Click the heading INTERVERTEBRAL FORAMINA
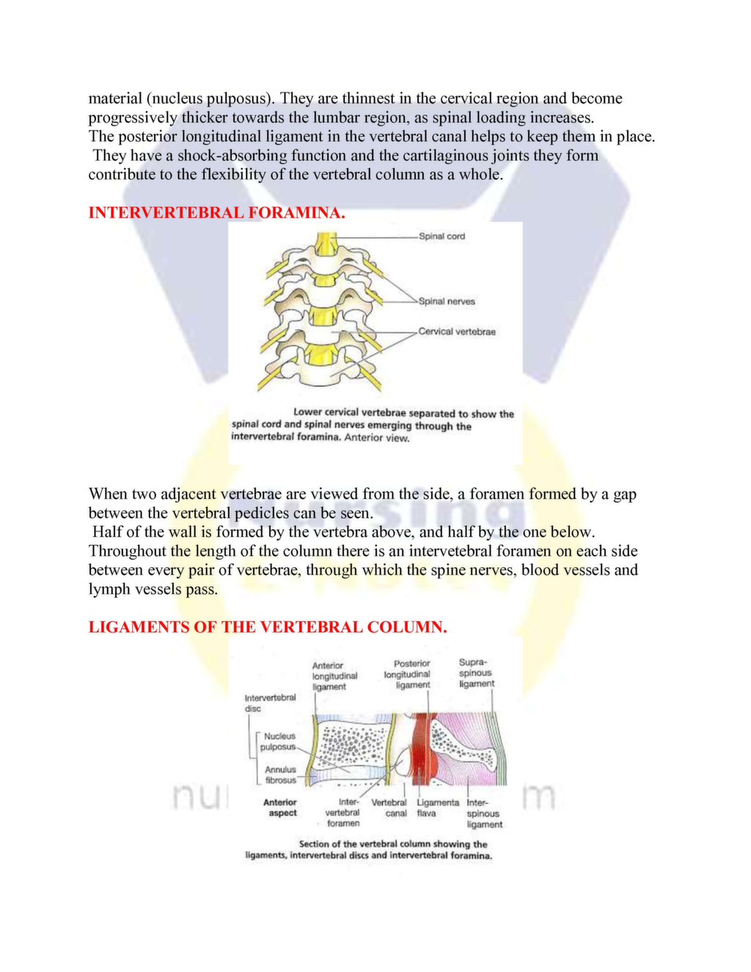(216, 213)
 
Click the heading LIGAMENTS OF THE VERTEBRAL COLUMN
(268, 627)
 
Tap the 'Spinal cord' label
(442, 236)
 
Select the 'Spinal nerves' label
(447, 302)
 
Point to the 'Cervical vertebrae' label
(457, 332)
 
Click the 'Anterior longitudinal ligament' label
(334, 676)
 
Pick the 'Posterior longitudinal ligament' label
(408, 674)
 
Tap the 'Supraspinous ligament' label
(476, 673)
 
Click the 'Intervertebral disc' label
(270, 703)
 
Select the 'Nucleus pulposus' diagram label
(279, 742)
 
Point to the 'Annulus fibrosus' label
(280, 775)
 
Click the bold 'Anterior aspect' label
(280, 808)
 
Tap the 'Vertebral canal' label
(389, 808)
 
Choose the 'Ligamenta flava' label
(437, 808)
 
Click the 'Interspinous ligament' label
(484, 814)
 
